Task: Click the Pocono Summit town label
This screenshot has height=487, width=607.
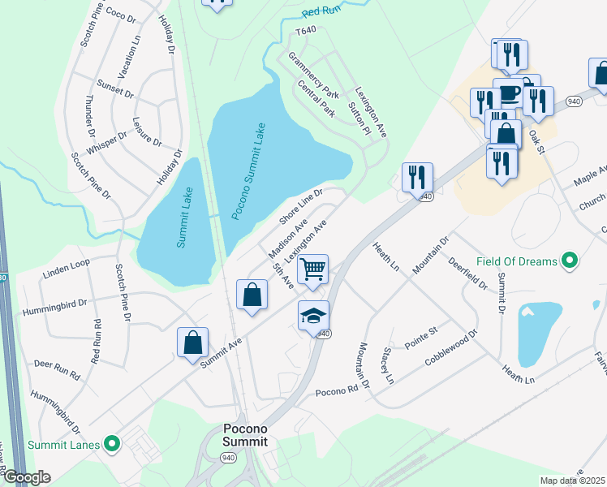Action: click(246, 434)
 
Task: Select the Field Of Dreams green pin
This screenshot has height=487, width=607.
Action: click(570, 261)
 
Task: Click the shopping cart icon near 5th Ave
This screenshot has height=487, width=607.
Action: click(313, 268)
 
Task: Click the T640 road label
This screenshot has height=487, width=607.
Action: click(305, 31)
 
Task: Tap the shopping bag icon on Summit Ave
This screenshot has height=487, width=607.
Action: click(193, 342)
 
